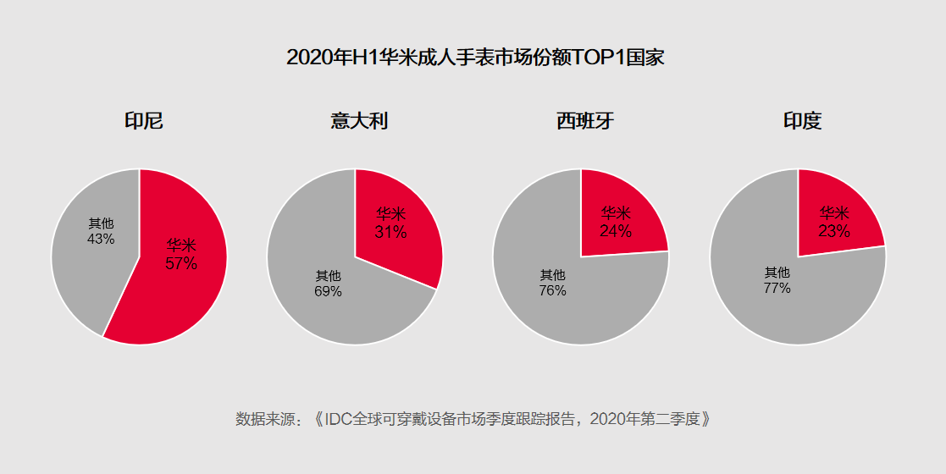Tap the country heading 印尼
pos(143,121)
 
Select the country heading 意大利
pos(359,121)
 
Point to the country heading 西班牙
pos(584,121)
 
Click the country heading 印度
pos(801,121)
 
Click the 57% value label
pos(181,264)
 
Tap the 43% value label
pos(101,240)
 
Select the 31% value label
pos(390,232)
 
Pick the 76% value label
pos(552,290)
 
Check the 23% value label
pos(834,231)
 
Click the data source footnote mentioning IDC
pos(472,419)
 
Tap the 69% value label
pos(328,291)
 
